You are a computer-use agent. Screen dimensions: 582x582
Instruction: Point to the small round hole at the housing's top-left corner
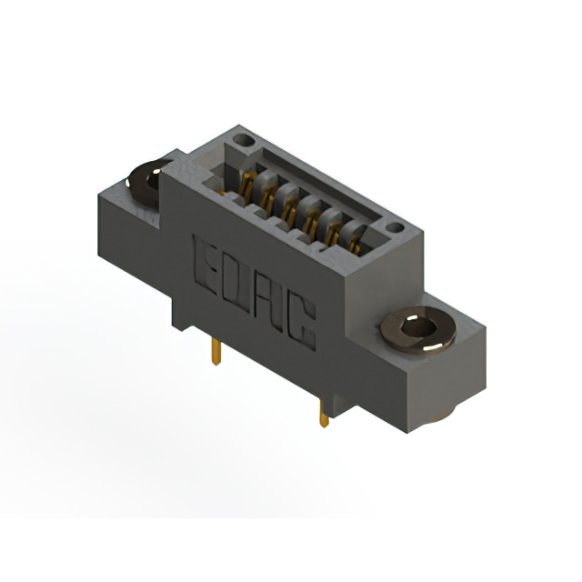241,141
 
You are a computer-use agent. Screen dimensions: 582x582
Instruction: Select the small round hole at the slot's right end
393,227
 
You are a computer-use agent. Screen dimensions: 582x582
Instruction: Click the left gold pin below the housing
215,350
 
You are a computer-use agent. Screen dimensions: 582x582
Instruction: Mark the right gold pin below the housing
323,415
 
